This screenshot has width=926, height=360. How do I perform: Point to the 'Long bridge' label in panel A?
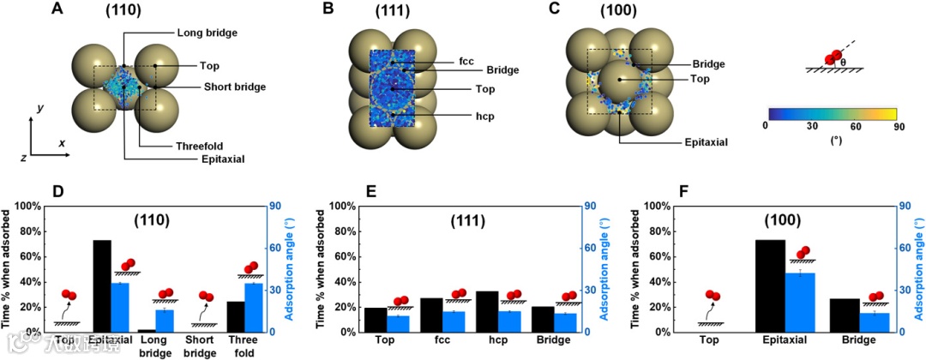(207, 33)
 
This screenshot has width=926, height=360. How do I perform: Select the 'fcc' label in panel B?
(466, 61)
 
